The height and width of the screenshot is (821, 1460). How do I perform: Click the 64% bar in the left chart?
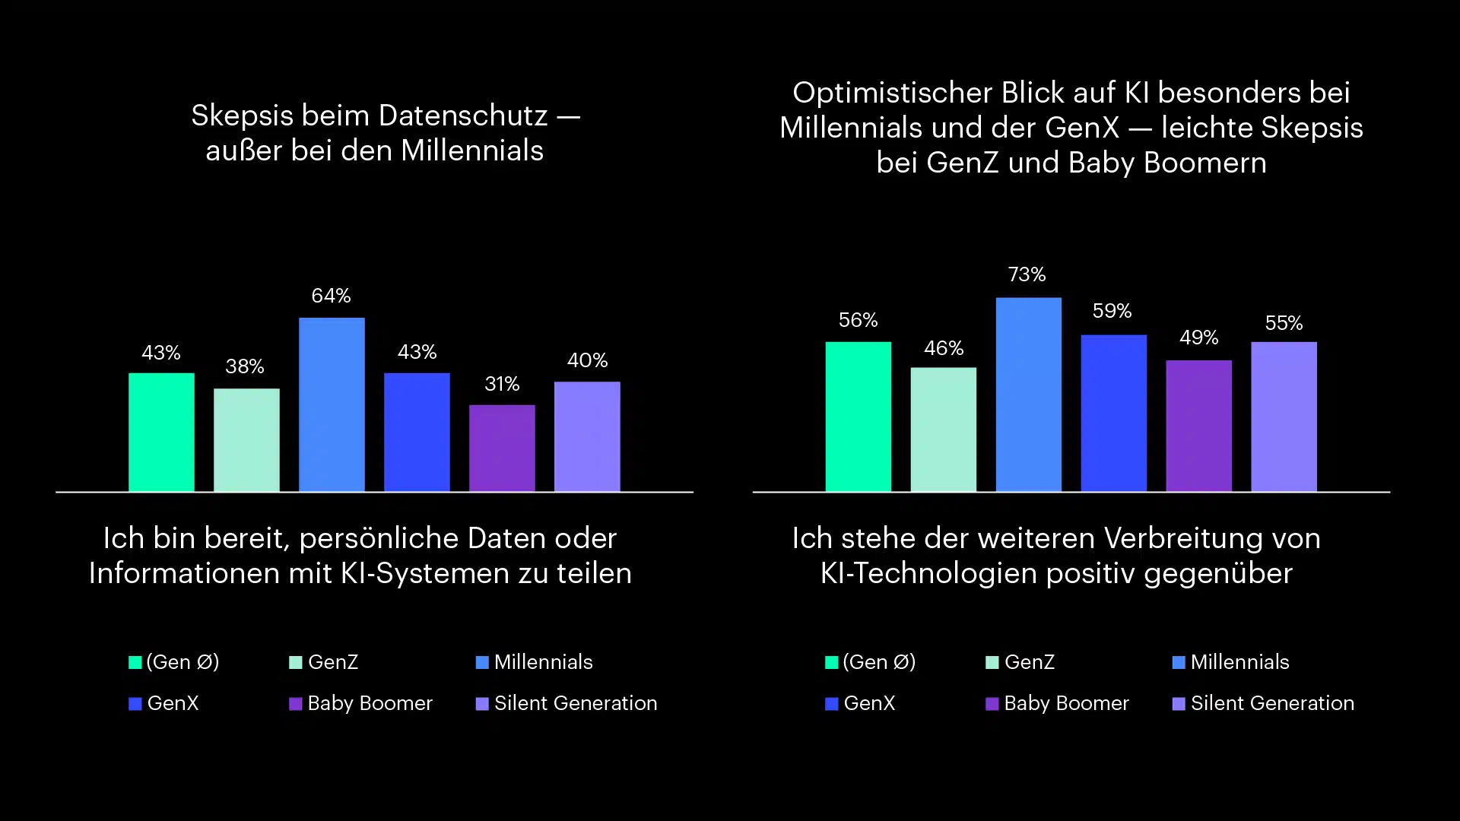point(332,404)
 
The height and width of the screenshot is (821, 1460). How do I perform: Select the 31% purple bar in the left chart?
point(502,448)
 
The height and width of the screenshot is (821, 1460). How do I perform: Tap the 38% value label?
point(245,366)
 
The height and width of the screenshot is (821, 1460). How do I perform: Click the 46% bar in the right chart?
point(943,429)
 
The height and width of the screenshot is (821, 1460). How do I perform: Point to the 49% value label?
point(1198,338)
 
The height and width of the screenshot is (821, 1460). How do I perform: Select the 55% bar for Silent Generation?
point(1284,417)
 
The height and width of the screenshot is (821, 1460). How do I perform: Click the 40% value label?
point(587,360)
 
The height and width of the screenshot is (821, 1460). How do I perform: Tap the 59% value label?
point(1112,311)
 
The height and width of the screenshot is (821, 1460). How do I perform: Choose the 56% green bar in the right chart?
point(858,417)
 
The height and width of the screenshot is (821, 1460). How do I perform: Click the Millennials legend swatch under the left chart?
point(482,663)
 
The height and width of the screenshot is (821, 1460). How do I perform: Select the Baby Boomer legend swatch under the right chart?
point(992,704)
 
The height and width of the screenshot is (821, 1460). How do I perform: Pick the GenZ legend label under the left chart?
point(333,662)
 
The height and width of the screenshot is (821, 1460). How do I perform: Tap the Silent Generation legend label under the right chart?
point(1272,703)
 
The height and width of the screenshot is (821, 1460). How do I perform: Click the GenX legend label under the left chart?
point(173,703)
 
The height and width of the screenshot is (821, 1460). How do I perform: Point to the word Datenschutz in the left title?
point(462,116)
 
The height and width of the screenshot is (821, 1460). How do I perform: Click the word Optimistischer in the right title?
point(892,93)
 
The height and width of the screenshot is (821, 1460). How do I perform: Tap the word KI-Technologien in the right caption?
point(928,573)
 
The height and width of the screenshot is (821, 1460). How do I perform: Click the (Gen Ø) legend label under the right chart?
point(879,662)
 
